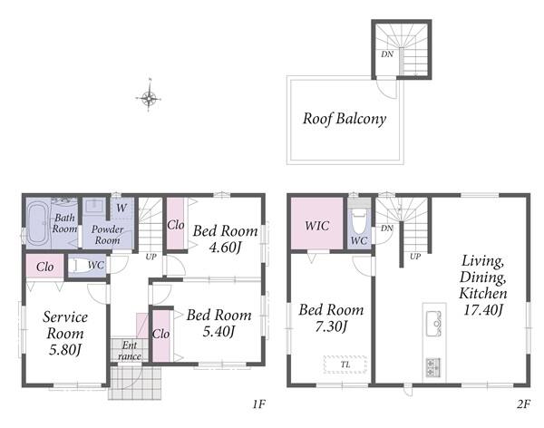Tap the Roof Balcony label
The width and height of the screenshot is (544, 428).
click(x=345, y=119)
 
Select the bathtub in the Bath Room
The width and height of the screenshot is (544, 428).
click(x=37, y=224)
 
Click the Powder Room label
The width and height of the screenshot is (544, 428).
click(x=108, y=235)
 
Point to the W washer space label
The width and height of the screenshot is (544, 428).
click(x=121, y=208)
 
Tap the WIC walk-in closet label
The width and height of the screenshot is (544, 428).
click(x=316, y=226)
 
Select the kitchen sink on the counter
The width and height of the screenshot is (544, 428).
click(x=433, y=324)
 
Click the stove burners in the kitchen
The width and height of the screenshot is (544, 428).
click(x=432, y=368)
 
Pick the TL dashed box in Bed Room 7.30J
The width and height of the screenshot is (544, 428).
click(x=345, y=365)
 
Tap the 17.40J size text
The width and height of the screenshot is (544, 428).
click(x=483, y=309)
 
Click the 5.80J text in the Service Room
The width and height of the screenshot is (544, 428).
click(x=65, y=349)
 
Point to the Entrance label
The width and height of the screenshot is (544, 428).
click(x=130, y=351)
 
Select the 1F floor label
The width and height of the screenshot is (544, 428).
click(x=258, y=404)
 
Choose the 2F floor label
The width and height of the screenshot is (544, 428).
click(x=523, y=404)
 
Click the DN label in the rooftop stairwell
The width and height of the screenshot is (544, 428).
click(x=387, y=54)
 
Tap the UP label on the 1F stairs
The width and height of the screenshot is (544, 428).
click(x=151, y=257)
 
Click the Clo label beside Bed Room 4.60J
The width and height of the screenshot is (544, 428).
click(x=176, y=225)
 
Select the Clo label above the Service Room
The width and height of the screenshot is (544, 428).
click(x=45, y=267)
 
